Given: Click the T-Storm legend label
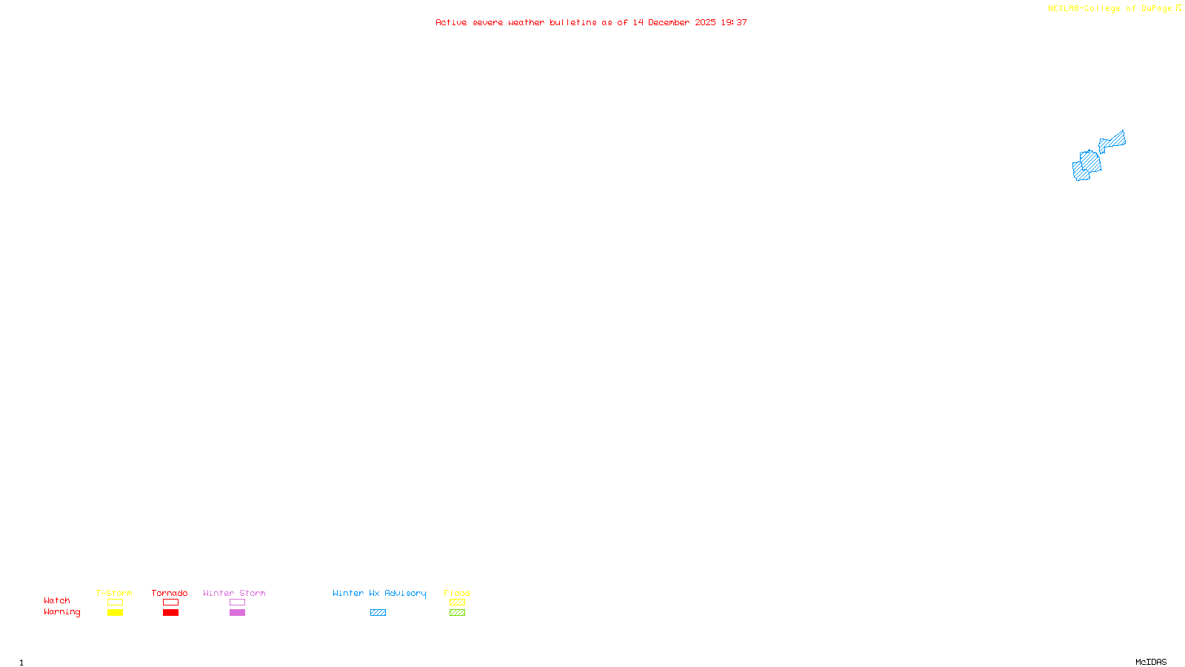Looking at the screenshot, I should (x=114, y=593).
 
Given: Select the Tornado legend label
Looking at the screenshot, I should (x=170, y=593).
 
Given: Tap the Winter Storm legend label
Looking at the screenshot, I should (x=234, y=593).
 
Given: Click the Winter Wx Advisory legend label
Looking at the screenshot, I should (x=379, y=593).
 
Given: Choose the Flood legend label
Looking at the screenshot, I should (x=457, y=593).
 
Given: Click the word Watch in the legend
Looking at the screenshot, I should (x=57, y=600).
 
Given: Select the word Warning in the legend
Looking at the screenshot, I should (x=61, y=612).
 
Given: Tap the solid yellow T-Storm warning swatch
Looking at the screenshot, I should (x=115, y=613).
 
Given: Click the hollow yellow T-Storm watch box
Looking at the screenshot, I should (x=115, y=603).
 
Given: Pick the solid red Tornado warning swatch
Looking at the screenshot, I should (x=170, y=613).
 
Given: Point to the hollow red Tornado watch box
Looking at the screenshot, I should (x=170, y=603).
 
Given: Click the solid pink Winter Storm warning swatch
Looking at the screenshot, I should (x=237, y=613).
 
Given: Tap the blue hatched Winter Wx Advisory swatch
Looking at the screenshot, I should (x=378, y=613).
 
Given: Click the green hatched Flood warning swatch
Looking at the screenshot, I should (x=457, y=613).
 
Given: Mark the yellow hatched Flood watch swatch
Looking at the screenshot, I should (x=457, y=603).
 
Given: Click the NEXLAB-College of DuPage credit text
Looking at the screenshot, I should (x=1110, y=9).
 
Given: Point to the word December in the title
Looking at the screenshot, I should (x=669, y=22).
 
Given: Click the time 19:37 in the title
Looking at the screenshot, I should (x=734, y=22).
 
